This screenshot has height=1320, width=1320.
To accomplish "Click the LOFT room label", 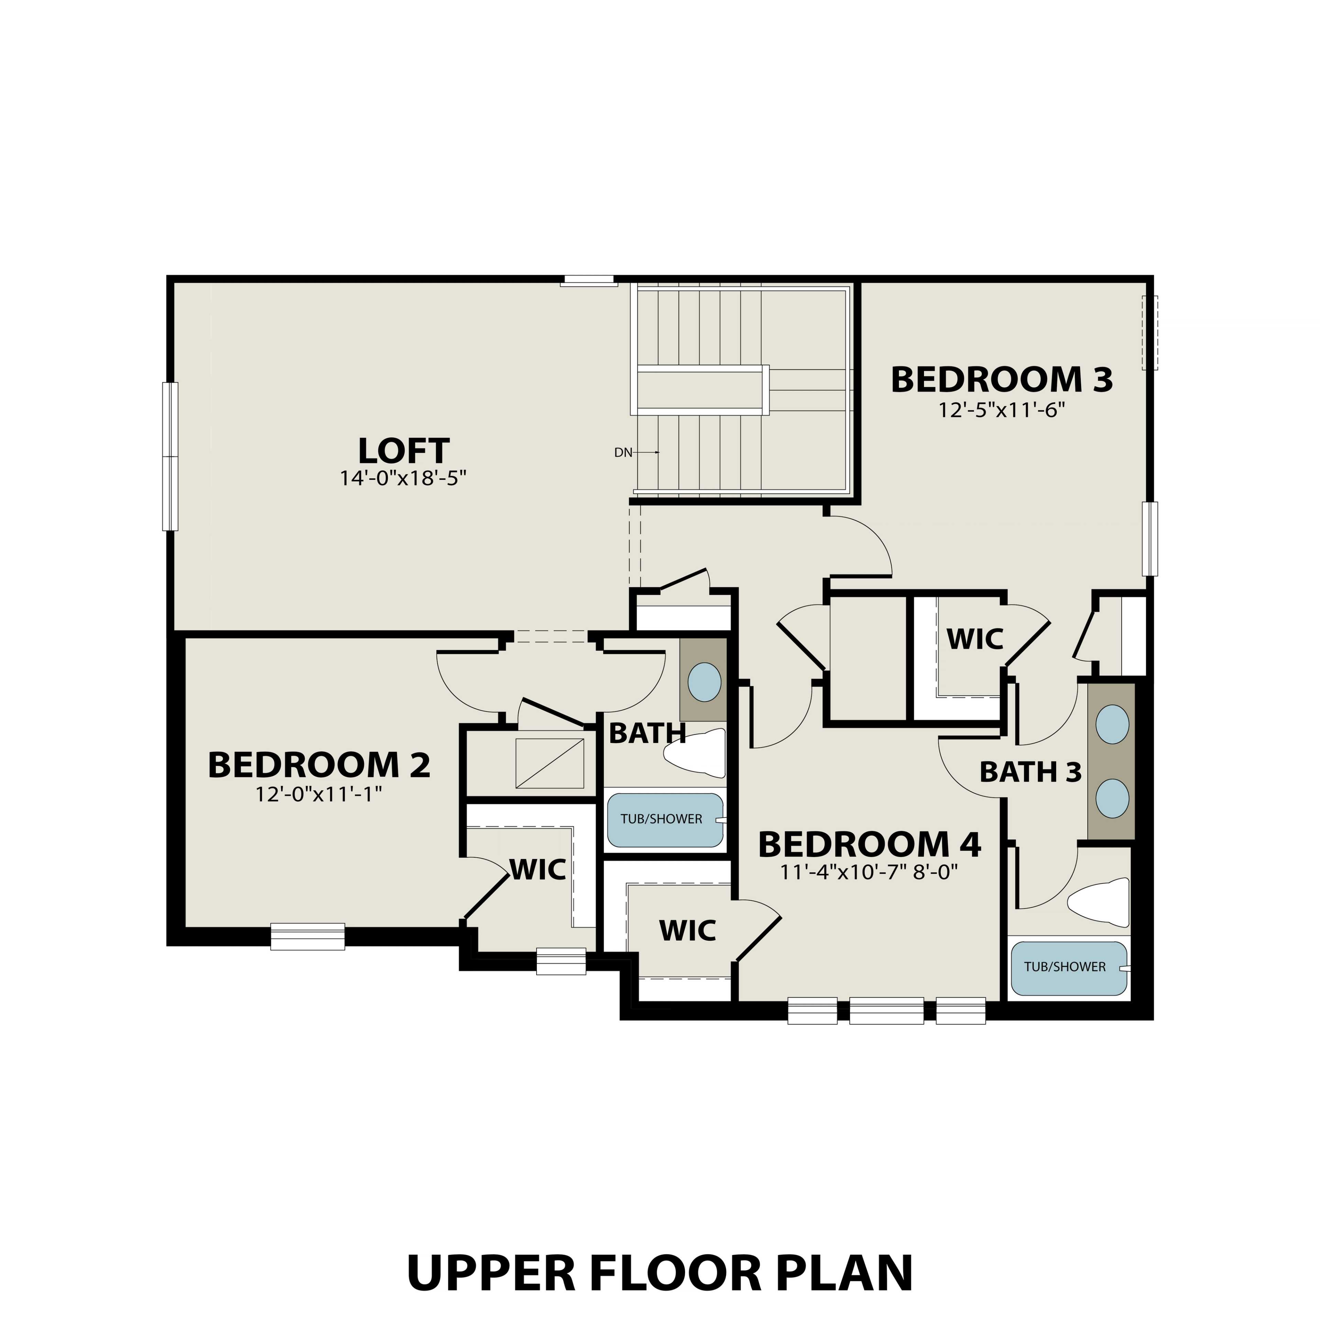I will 403,452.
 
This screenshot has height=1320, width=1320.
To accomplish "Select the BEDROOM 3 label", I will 1002,380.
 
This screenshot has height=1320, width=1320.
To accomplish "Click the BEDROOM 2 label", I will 319,765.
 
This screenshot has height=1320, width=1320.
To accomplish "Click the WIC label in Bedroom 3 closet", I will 974,639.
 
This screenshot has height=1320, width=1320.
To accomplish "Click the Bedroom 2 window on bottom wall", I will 307,936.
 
